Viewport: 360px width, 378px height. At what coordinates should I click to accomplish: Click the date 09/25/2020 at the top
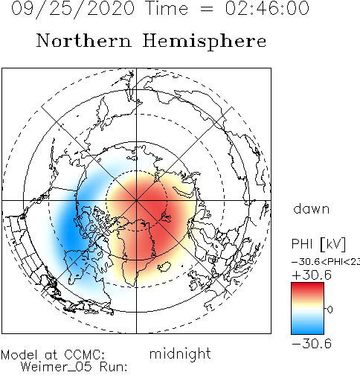(73, 9)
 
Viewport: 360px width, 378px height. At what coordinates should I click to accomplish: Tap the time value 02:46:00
(267, 8)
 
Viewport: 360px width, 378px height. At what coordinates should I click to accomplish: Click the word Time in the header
(167, 8)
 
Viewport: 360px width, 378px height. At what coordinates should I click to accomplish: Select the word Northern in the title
(84, 40)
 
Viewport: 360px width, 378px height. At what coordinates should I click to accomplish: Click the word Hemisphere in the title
(205, 42)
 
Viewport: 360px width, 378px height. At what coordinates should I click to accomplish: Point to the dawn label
(312, 208)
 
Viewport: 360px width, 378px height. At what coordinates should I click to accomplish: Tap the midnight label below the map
(180, 354)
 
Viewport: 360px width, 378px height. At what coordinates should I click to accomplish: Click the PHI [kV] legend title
(318, 244)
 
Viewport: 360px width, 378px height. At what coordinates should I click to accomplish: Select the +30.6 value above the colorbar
(312, 275)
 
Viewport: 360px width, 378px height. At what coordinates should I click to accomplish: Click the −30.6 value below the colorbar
(312, 344)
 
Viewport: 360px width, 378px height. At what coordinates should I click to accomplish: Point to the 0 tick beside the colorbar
(330, 310)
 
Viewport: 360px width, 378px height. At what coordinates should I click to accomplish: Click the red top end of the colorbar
(307, 285)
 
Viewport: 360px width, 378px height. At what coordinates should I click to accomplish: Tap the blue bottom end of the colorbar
(307, 331)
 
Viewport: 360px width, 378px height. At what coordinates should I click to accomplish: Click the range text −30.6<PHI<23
(326, 262)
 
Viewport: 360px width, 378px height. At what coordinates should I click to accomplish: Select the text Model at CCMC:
(53, 355)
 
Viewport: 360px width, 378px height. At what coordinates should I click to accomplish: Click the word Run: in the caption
(114, 367)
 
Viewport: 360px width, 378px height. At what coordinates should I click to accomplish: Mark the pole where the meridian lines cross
(136, 200)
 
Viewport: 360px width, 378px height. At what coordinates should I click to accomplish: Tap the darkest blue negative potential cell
(70, 232)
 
